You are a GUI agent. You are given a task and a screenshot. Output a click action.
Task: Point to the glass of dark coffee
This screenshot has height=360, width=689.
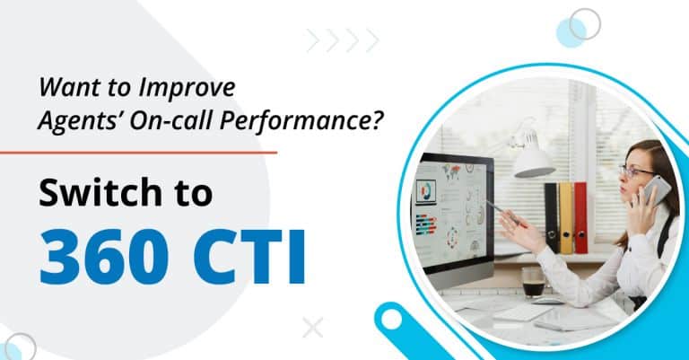(x=532, y=281)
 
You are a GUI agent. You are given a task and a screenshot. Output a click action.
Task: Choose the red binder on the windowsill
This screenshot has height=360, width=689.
(x=580, y=216)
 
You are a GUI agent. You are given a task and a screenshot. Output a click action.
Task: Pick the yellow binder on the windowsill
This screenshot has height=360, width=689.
(x=566, y=216)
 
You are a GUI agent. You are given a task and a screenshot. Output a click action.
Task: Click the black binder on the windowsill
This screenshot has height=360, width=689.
(x=552, y=216)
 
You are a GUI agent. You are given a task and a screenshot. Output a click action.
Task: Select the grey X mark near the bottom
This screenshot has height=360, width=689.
(x=312, y=328)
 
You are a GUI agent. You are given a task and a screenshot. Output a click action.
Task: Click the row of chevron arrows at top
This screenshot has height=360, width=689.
(x=343, y=40)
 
